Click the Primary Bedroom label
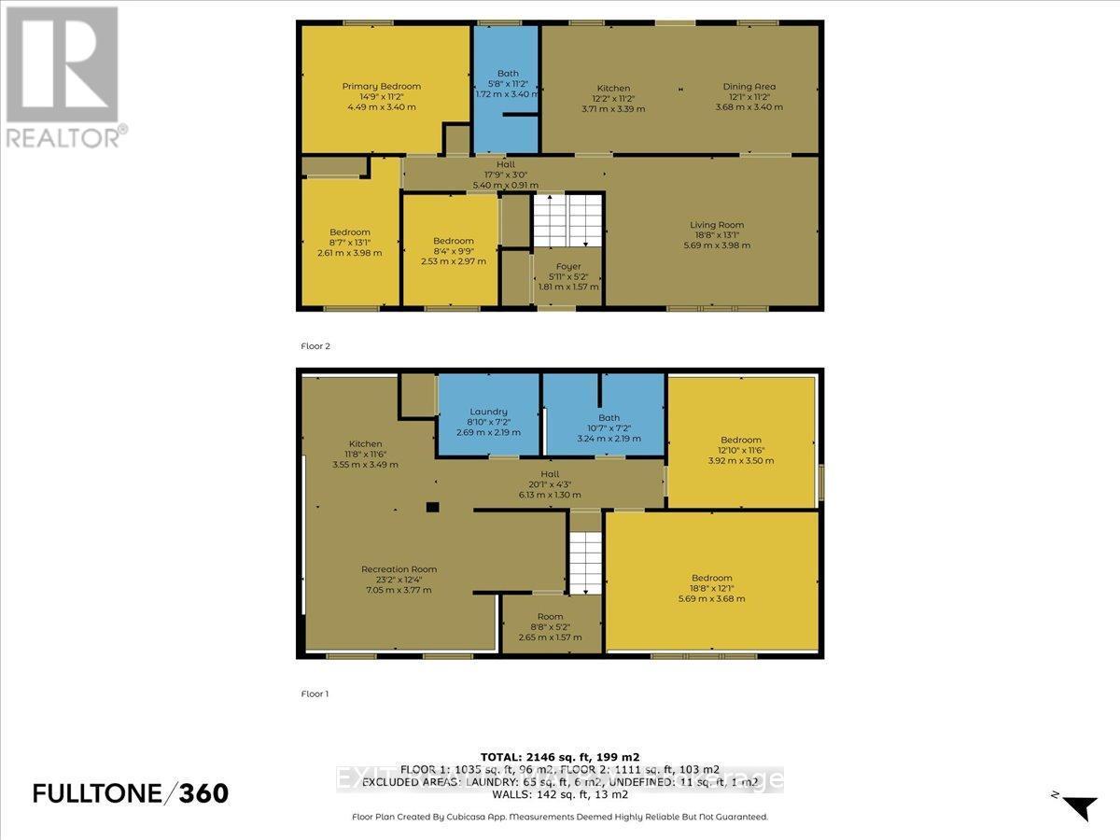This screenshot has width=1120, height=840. tap(381, 86)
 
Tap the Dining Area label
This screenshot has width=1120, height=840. tap(749, 87)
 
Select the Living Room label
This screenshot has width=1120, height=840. tap(717, 225)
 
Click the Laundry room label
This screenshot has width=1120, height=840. tap(488, 412)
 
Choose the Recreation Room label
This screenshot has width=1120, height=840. tap(399, 569)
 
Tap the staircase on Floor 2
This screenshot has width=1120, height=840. tap(568, 221)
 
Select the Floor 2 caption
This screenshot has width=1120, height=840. tap(315, 346)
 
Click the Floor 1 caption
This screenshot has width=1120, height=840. tap(315, 694)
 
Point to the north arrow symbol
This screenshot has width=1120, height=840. tap(1080, 805)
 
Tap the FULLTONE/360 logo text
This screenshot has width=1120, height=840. tap(130, 793)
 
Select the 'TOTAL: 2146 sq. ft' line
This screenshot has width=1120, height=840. tap(559, 756)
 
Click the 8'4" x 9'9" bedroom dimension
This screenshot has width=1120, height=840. tap(454, 252)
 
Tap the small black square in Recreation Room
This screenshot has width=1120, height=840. tap(432, 508)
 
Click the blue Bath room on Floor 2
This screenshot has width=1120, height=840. tap(505, 89)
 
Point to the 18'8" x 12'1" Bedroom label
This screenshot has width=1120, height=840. tap(711, 578)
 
